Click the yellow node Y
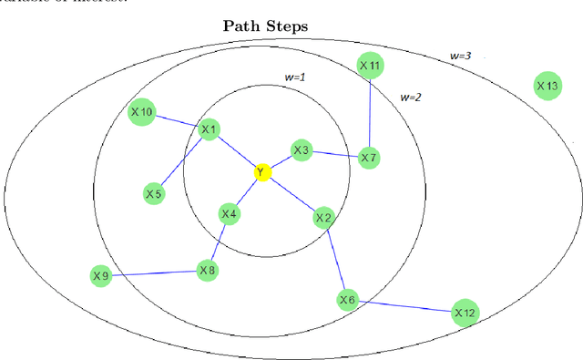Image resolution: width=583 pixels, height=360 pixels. (x=262, y=172)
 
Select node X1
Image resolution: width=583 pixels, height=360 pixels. (x=210, y=130)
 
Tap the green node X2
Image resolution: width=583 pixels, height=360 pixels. (x=323, y=218)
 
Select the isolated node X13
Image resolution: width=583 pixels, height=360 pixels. (x=547, y=87)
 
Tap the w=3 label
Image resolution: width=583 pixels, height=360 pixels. (x=461, y=56)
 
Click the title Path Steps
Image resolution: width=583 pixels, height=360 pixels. (x=266, y=26)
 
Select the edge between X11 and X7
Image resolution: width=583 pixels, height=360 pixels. (x=369, y=112)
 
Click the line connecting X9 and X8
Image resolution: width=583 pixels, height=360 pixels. (x=154, y=273)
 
